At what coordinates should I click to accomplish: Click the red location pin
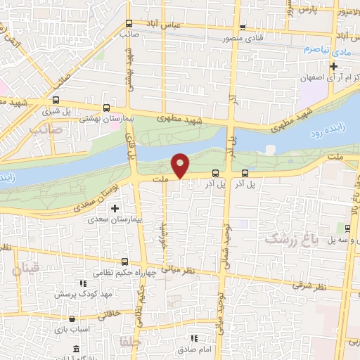coord(181,165)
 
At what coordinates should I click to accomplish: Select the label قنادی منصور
coord(243,39)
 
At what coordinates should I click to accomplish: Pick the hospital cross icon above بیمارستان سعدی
coord(115,207)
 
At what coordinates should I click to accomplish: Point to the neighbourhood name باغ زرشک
coord(292,240)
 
